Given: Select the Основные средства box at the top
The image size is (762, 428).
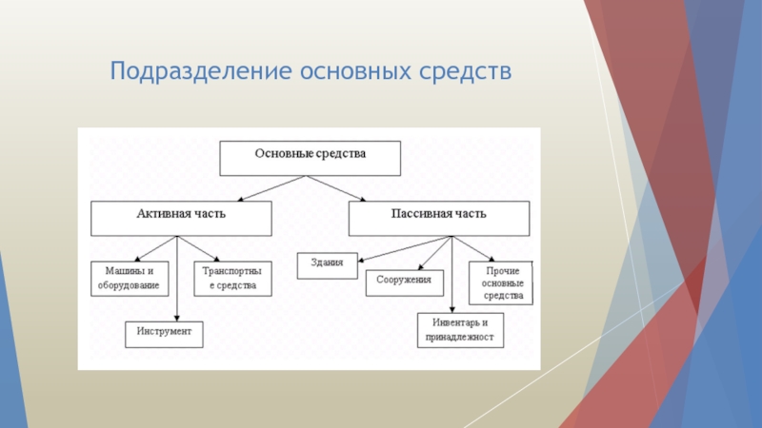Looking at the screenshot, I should point(310,158).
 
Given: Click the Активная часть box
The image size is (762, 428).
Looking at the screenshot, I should point(180,218).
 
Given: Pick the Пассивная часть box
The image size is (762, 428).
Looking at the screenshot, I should point(438,218).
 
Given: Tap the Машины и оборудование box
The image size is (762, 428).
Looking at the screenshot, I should point(130,278).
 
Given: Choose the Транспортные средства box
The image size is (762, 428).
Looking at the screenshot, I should point(231,278).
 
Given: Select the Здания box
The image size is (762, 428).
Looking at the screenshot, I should point(327,265).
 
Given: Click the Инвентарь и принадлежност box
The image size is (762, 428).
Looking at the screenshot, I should point(460,329).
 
